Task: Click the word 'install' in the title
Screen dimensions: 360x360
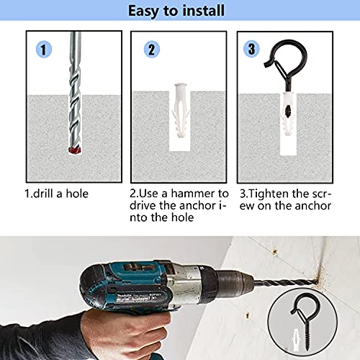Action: (x=204, y=11)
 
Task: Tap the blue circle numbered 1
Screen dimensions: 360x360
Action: (x=44, y=49)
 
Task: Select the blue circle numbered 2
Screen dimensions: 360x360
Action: (x=152, y=49)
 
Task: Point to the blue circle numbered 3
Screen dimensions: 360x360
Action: (x=251, y=49)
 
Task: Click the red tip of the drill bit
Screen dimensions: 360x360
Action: (x=75, y=150)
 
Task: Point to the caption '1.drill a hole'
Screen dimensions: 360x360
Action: (x=57, y=194)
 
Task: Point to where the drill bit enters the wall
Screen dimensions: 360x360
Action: (x=317, y=282)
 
